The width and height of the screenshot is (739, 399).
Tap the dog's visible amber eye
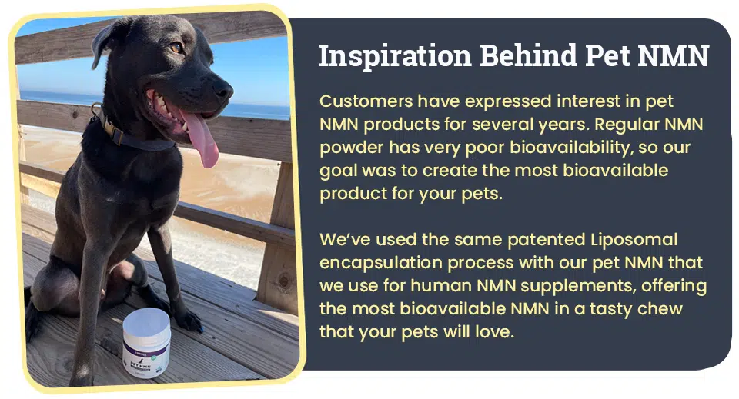[x=176, y=48]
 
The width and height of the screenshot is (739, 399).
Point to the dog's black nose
[x=222, y=88]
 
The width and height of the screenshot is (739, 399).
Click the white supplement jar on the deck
[x=147, y=343]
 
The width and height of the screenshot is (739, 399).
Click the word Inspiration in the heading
[x=395, y=56]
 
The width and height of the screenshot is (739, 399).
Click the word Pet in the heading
[x=607, y=56]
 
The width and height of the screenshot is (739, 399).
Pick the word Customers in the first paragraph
[x=366, y=101]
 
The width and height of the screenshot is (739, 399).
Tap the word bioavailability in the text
[x=572, y=148]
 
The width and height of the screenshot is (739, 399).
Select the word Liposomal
[x=634, y=240]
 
